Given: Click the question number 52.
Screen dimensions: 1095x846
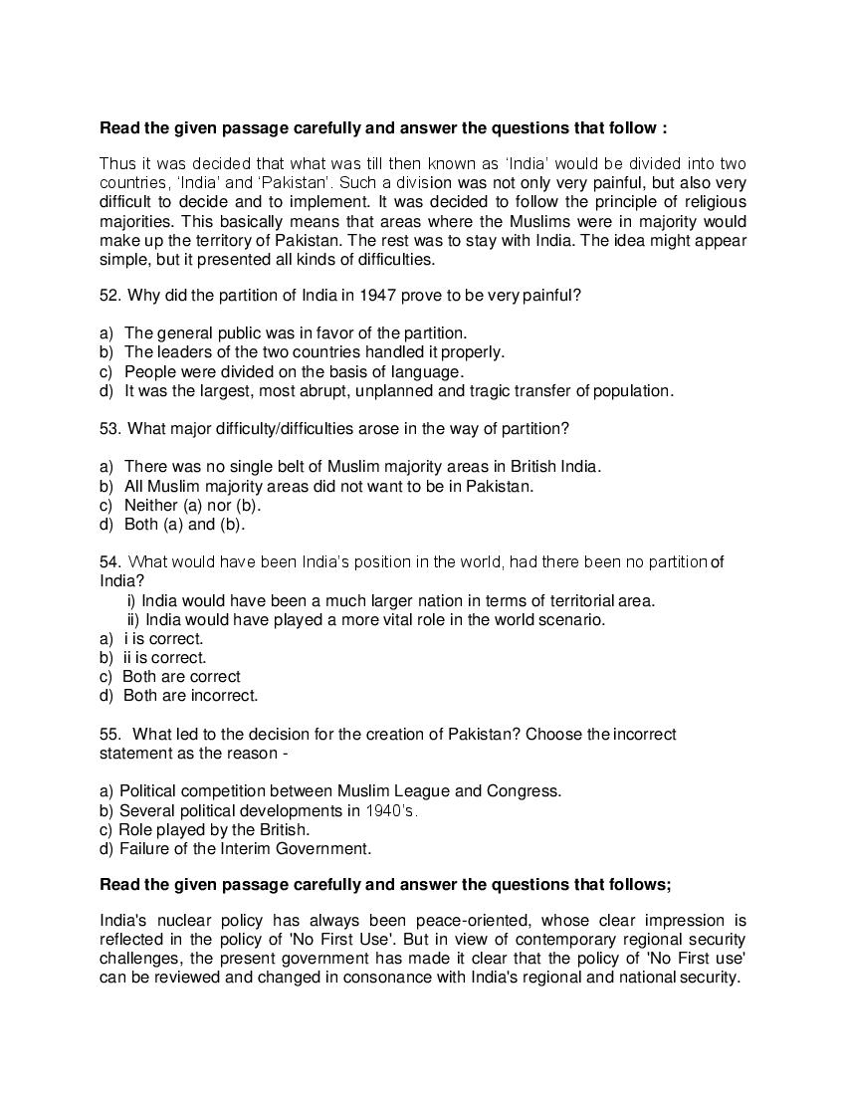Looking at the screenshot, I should pyautogui.click(x=109, y=296).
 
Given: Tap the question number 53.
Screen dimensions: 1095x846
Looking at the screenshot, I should pyautogui.click(x=109, y=428).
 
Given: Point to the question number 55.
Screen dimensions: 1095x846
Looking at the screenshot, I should pyautogui.click(x=109, y=734).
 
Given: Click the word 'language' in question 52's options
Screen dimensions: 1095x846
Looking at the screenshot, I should pyautogui.click(x=431, y=371).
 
